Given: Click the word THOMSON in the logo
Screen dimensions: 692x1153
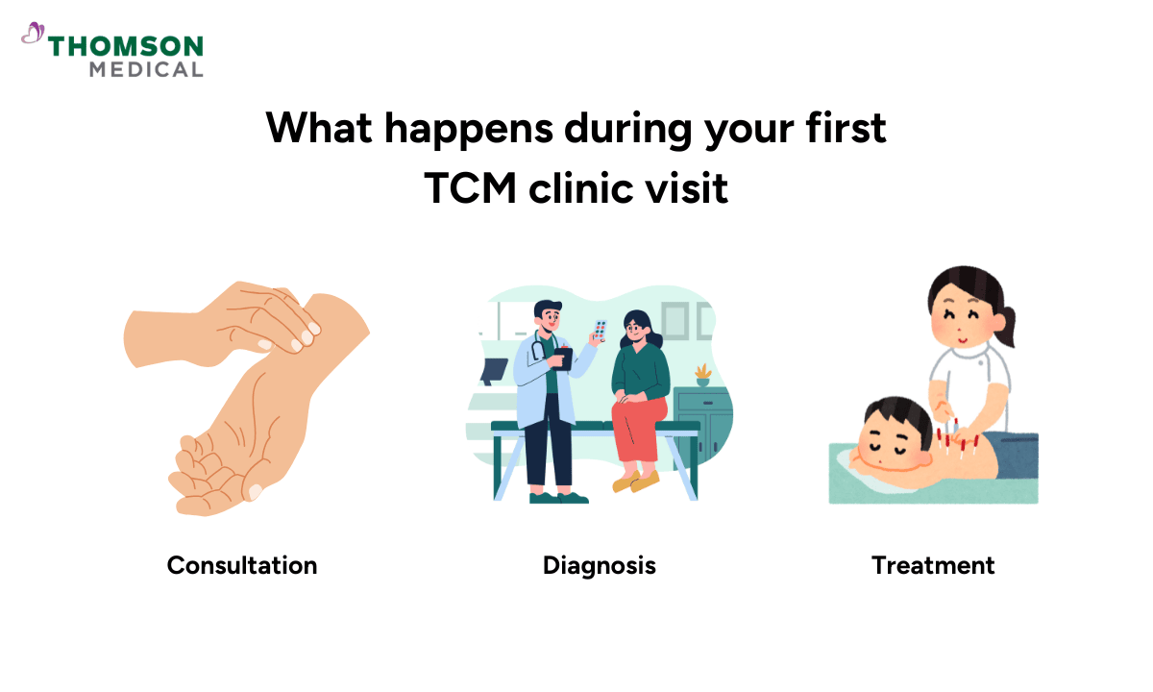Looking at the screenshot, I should tap(126, 46).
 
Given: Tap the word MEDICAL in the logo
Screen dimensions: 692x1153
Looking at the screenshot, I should tap(146, 69).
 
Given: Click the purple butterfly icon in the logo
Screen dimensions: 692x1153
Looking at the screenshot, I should tap(34, 36).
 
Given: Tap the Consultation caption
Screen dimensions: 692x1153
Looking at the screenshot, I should tap(242, 565).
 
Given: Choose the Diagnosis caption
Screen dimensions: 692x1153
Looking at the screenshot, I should tap(600, 565).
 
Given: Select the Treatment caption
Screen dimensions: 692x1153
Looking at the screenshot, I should tap(933, 565).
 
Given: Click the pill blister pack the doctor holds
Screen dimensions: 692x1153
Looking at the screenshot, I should tap(600, 331).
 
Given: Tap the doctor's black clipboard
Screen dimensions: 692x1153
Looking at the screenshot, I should tap(565, 359).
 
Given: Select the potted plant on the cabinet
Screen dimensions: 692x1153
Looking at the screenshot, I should tap(703, 374).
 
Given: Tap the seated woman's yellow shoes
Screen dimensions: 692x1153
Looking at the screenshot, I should tap(636, 481).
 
